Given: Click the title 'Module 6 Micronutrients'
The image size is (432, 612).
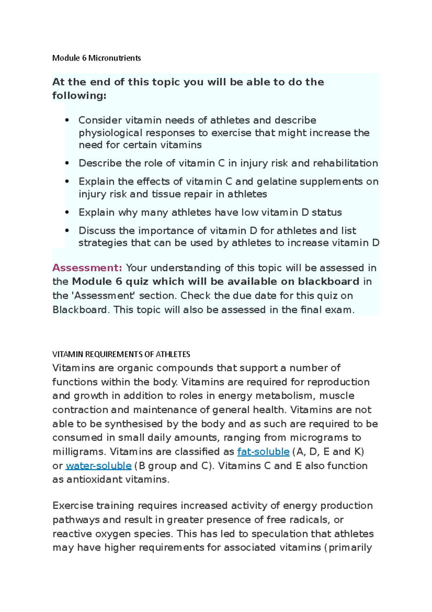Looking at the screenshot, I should click(x=96, y=58).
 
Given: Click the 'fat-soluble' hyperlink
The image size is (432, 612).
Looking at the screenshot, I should click(x=263, y=452).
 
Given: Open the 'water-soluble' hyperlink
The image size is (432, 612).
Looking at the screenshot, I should click(x=98, y=466).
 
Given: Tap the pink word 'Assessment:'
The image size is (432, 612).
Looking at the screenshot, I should click(x=87, y=268).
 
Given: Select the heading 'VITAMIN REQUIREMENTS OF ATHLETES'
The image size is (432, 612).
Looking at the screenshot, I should click(x=121, y=354).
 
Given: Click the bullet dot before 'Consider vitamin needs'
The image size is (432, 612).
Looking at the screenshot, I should click(x=67, y=120).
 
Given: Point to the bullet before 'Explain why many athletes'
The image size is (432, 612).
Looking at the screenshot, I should click(x=67, y=212).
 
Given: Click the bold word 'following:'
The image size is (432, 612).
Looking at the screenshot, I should click(x=79, y=96).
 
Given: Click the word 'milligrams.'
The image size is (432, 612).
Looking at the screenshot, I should click(x=79, y=452).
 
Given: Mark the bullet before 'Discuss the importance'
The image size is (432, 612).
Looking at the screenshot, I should click(x=67, y=231).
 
